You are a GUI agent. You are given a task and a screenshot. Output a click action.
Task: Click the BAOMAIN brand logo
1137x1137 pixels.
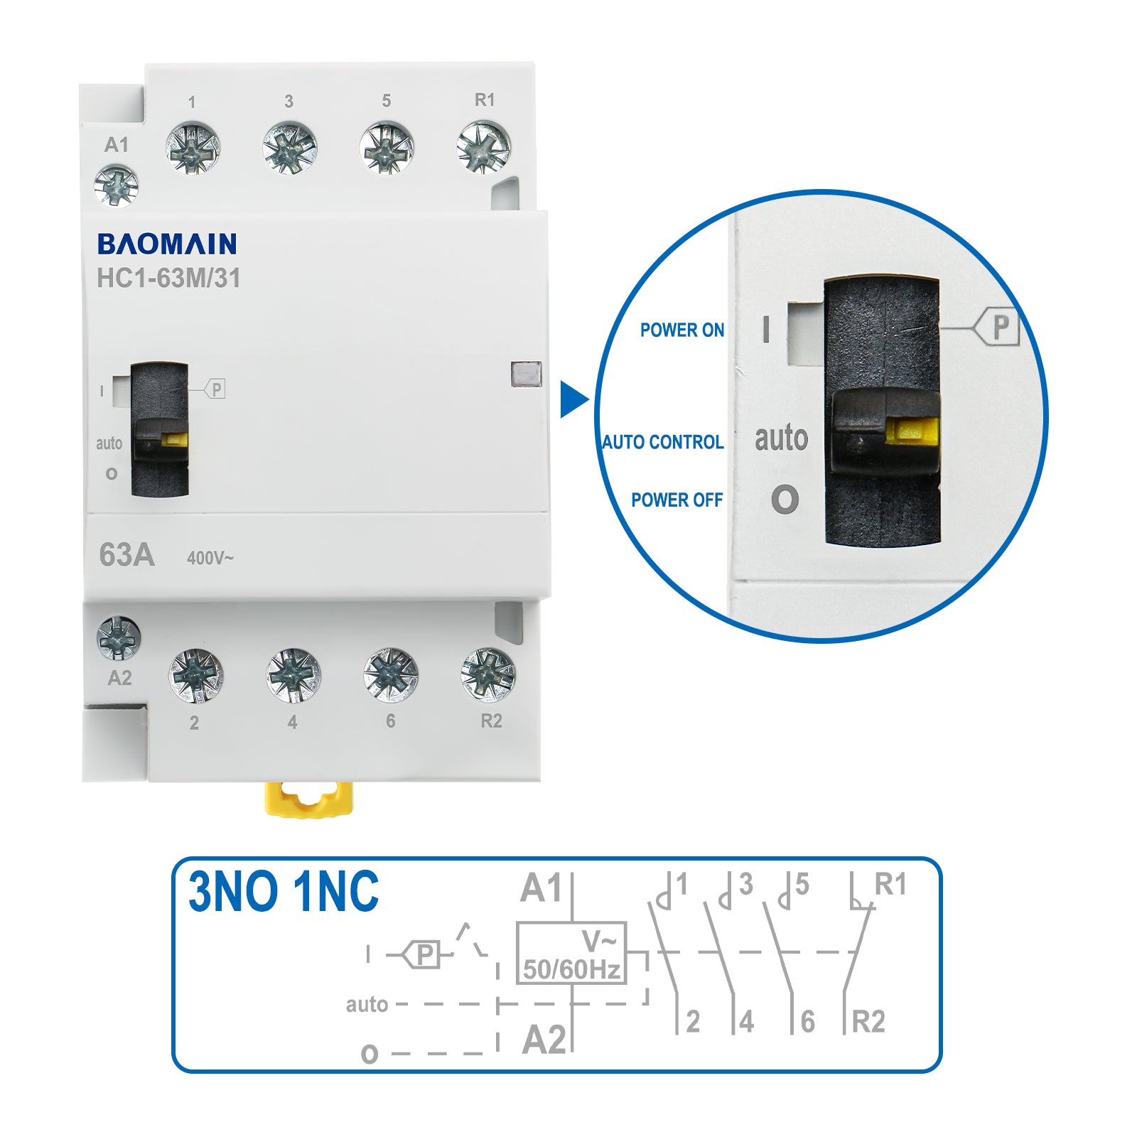click(x=167, y=244)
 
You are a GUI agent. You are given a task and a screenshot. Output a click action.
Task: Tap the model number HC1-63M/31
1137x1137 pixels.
click(x=168, y=279)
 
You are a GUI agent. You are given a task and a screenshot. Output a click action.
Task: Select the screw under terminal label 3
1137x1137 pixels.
click(x=289, y=148)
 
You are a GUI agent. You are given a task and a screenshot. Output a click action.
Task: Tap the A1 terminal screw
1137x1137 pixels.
click(x=116, y=185)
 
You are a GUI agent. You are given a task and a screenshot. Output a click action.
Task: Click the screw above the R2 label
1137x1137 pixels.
click(x=487, y=674)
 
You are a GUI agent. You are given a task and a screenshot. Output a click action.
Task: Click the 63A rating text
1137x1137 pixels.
click(x=126, y=555)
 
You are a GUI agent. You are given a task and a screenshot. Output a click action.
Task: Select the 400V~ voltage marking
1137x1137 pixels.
click(x=210, y=559)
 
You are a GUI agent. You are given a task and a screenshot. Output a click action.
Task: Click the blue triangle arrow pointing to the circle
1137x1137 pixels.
click(x=573, y=400)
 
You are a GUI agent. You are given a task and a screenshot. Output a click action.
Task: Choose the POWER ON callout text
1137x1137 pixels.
click(x=681, y=330)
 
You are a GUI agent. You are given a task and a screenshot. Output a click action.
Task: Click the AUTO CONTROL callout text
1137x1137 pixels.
click(x=662, y=442)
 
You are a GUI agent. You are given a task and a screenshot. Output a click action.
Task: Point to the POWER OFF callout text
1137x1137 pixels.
click(x=677, y=500)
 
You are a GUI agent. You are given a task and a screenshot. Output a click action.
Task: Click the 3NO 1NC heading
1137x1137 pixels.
click(x=284, y=893)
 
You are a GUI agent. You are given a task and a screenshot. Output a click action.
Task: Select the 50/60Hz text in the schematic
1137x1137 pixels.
click(x=571, y=969)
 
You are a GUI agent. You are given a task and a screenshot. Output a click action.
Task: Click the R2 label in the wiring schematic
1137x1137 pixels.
click(x=868, y=1022)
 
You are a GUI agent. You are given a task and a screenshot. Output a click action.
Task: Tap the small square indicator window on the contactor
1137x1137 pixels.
click(x=526, y=374)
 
